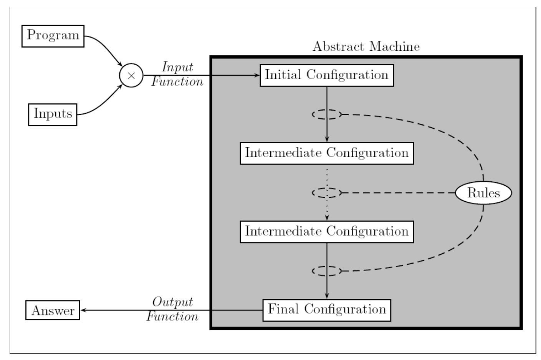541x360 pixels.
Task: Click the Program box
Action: (x=53, y=36)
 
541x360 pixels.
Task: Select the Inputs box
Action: (x=53, y=114)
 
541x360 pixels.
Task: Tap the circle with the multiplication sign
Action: (x=131, y=75)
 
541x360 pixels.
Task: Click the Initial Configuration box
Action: (x=326, y=75)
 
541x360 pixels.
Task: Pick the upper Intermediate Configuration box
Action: (x=326, y=153)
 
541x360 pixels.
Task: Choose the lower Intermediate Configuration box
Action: (x=326, y=232)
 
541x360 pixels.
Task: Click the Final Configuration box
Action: (x=326, y=310)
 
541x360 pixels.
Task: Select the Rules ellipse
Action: (x=483, y=193)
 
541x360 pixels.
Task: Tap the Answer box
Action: (x=53, y=310)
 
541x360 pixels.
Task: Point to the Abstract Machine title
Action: (x=366, y=47)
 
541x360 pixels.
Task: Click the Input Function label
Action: (x=177, y=74)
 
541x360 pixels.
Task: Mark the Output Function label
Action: (x=172, y=309)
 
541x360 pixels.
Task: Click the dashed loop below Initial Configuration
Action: (x=327, y=114)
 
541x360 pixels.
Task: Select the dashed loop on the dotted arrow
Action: (x=327, y=192)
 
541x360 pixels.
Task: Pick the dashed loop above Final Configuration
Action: (x=327, y=271)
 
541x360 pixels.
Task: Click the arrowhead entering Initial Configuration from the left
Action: (x=257, y=75)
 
